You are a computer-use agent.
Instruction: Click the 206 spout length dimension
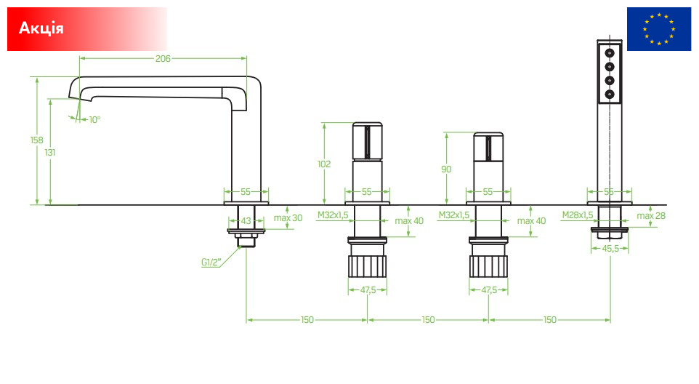(163, 58)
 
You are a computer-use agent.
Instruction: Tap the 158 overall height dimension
(36, 140)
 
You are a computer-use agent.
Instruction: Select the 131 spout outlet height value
(50, 153)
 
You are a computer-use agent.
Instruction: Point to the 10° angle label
(94, 119)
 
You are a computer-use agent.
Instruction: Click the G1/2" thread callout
(211, 263)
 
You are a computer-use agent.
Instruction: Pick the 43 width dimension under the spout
(246, 221)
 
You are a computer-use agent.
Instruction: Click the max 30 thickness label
(288, 218)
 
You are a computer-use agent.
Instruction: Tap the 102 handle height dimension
(324, 164)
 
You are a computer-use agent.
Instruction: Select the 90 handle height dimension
(446, 169)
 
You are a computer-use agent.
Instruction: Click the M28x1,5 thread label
(578, 215)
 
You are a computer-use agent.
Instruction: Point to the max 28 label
(651, 216)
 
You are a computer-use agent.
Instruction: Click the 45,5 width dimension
(610, 249)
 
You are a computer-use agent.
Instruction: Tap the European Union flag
(659, 29)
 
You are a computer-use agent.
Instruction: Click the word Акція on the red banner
(41, 28)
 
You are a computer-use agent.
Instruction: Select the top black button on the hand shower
(610, 53)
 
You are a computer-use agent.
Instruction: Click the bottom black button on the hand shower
(610, 94)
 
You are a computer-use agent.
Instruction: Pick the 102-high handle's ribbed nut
(368, 266)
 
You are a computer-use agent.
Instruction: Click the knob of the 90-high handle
(488, 147)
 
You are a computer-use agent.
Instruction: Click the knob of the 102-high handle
(368, 141)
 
